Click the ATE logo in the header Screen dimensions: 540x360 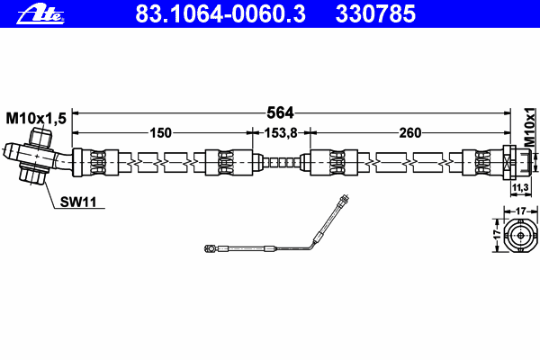[40, 14]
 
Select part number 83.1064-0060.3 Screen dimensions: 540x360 [220, 13]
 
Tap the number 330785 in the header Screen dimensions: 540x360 [375, 13]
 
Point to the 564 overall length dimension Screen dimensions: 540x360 [280, 112]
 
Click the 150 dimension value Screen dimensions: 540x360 [160, 132]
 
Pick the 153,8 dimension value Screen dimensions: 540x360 [281, 132]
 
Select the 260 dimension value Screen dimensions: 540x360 [409, 132]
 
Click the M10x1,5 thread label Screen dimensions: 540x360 [36, 119]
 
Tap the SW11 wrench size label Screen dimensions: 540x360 [78, 202]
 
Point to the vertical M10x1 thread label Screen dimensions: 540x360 [530, 127]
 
